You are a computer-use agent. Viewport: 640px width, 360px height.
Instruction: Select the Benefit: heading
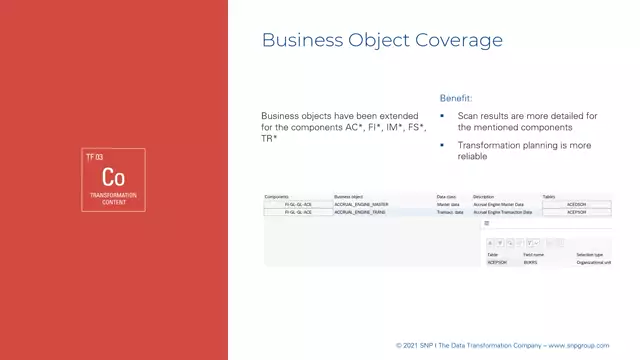tap(455, 98)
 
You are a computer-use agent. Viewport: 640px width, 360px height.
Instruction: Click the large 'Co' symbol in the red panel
tap(113, 177)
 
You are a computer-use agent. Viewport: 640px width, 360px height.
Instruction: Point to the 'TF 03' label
tap(95, 158)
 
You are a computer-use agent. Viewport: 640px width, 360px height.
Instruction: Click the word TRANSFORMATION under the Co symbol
tap(113, 195)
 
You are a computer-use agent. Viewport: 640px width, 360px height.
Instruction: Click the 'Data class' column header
tap(446, 197)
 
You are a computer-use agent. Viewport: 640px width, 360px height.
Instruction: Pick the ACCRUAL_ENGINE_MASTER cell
tap(360, 205)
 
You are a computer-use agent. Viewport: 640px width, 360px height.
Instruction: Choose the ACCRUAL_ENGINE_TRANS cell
tap(359, 213)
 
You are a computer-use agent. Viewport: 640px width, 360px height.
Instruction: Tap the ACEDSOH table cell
tap(576, 205)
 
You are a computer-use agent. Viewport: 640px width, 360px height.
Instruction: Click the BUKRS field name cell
tap(530, 262)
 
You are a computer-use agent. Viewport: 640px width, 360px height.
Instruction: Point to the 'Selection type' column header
tap(590, 255)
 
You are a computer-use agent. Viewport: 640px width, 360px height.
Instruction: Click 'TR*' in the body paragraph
tap(268, 138)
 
